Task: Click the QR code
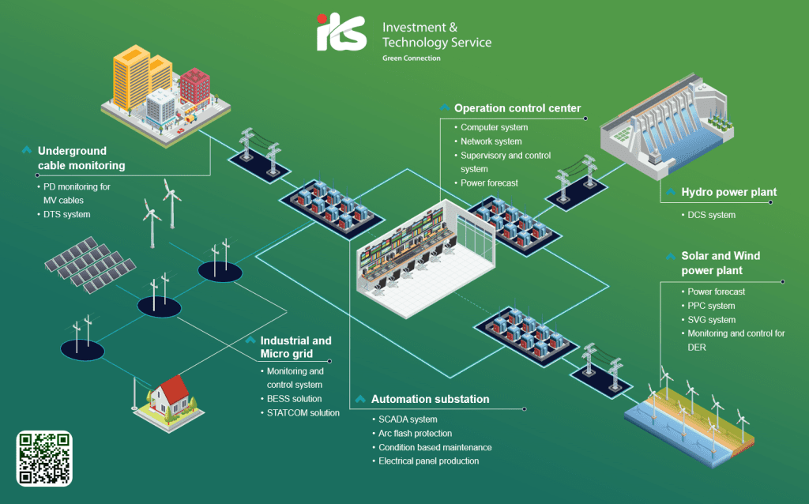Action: coord(44,459)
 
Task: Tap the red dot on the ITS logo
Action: coord(322,19)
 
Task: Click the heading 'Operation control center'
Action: coord(517,108)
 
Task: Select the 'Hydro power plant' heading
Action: coord(728,193)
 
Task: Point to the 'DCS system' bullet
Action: coord(712,215)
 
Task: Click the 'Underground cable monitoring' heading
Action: coord(81,158)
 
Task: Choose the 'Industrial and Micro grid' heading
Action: coord(295,347)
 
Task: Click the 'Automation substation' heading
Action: coord(431,399)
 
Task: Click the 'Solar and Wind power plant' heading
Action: coord(721,263)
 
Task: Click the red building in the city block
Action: coord(195,85)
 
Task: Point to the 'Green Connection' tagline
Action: coord(411,58)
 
